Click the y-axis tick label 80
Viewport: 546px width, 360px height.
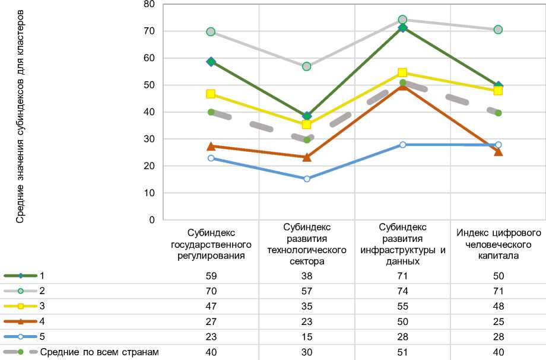click(148, 5)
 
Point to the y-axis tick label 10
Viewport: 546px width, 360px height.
click(148, 193)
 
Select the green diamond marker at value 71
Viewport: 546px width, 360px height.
click(402, 28)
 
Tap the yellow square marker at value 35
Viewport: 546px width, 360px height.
click(307, 125)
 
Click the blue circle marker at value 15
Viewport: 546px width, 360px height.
click(307, 179)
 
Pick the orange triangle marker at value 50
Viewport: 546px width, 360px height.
click(402, 86)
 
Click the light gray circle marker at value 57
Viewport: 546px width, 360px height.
click(307, 66)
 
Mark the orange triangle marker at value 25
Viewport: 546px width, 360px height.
click(498, 152)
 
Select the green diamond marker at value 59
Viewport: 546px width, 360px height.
click(211, 62)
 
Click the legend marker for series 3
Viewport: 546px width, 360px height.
click(20, 307)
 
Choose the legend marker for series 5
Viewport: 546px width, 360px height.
click(20, 337)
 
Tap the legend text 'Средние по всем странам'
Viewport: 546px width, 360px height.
click(100, 352)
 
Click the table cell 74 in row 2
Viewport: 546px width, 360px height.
click(402, 291)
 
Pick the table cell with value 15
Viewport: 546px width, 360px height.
click(307, 337)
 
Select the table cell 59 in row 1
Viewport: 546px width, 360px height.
click(211, 276)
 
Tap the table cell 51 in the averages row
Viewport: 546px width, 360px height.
click(402, 352)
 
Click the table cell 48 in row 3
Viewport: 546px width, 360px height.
click(498, 307)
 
